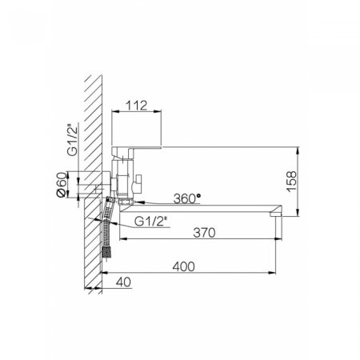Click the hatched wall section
(93, 176)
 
